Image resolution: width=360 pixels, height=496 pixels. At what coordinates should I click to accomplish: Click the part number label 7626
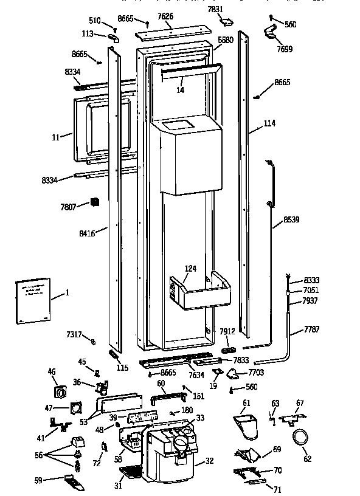[165, 17]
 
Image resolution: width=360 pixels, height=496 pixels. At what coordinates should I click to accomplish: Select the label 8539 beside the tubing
[291, 219]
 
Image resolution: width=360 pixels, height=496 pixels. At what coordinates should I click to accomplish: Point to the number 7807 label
[67, 207]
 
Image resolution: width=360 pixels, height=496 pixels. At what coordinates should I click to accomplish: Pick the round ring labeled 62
[300, 438]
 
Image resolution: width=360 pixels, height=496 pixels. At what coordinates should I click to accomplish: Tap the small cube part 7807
[94, 202]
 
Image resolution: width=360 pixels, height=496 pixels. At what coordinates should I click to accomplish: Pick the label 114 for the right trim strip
[269, 123]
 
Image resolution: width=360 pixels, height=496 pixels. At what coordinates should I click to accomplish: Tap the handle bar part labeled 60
[167, 399]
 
